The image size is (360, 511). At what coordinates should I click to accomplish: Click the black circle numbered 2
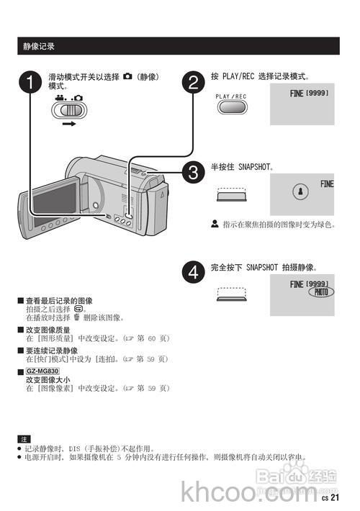point(192,82)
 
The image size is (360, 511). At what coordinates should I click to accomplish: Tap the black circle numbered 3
point(192,172)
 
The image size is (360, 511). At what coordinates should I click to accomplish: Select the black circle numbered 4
point(192,273)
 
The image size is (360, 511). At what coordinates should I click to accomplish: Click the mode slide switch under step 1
point(70,110)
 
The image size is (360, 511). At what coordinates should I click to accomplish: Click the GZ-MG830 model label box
point(42,371)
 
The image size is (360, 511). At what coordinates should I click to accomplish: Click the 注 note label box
point(24,438)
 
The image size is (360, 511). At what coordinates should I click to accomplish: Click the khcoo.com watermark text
point(245,492)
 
